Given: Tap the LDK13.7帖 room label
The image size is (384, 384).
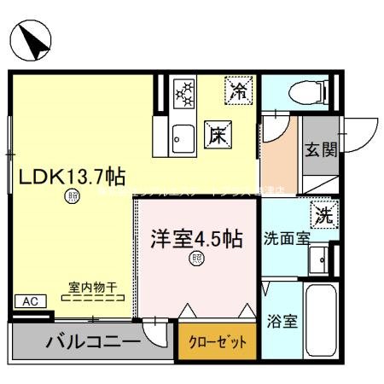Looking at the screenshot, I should (x=73, y=177).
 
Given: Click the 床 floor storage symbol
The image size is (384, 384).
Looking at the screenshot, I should (x=217, y=134).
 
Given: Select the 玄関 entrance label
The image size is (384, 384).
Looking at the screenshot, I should (x=322, y=148).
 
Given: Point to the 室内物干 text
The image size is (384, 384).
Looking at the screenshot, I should (x=93, y=287).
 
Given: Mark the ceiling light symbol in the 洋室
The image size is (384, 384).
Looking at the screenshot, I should (x=198, y=259).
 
